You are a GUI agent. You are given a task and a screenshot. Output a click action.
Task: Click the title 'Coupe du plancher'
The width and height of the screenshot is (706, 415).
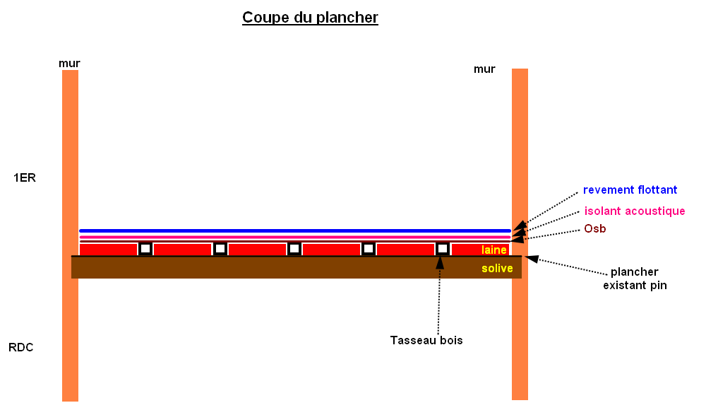[310, 18]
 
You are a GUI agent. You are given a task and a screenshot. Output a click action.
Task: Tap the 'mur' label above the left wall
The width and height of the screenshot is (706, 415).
[69, 64]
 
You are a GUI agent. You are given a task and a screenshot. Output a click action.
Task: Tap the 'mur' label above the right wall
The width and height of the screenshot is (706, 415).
[484, 69]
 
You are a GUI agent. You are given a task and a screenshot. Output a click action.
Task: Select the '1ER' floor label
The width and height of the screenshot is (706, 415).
[24, 177]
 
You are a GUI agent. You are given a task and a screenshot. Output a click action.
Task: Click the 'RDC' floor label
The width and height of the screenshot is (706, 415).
[21, 347]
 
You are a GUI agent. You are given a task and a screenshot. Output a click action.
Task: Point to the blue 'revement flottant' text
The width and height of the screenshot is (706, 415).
[630, 189]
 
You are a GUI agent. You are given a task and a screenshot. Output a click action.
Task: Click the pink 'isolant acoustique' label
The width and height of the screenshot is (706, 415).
[635, 211]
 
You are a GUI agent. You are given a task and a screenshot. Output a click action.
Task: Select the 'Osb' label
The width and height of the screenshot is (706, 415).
[594, 229]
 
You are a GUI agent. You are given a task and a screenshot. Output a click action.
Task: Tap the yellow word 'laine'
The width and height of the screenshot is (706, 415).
[494, 250]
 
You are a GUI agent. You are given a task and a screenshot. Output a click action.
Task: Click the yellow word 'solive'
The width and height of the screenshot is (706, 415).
[497, 269]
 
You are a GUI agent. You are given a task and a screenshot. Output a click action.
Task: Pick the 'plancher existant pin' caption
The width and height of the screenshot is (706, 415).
[635, 279]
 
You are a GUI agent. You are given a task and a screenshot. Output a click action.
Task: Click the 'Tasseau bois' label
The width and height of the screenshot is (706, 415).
[426, 340]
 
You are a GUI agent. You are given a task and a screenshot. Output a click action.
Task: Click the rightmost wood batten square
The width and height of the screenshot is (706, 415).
[443, 249]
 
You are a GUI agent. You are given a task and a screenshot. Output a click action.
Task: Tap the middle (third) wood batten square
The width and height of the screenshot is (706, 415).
[294, 249]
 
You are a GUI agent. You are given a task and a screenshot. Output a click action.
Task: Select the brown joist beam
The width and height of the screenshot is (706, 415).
[282, 267]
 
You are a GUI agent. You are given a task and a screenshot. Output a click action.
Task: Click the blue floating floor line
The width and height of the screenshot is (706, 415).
[282, 230]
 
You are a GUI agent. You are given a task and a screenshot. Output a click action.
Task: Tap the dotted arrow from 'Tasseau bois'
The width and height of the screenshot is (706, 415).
[439, 297]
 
